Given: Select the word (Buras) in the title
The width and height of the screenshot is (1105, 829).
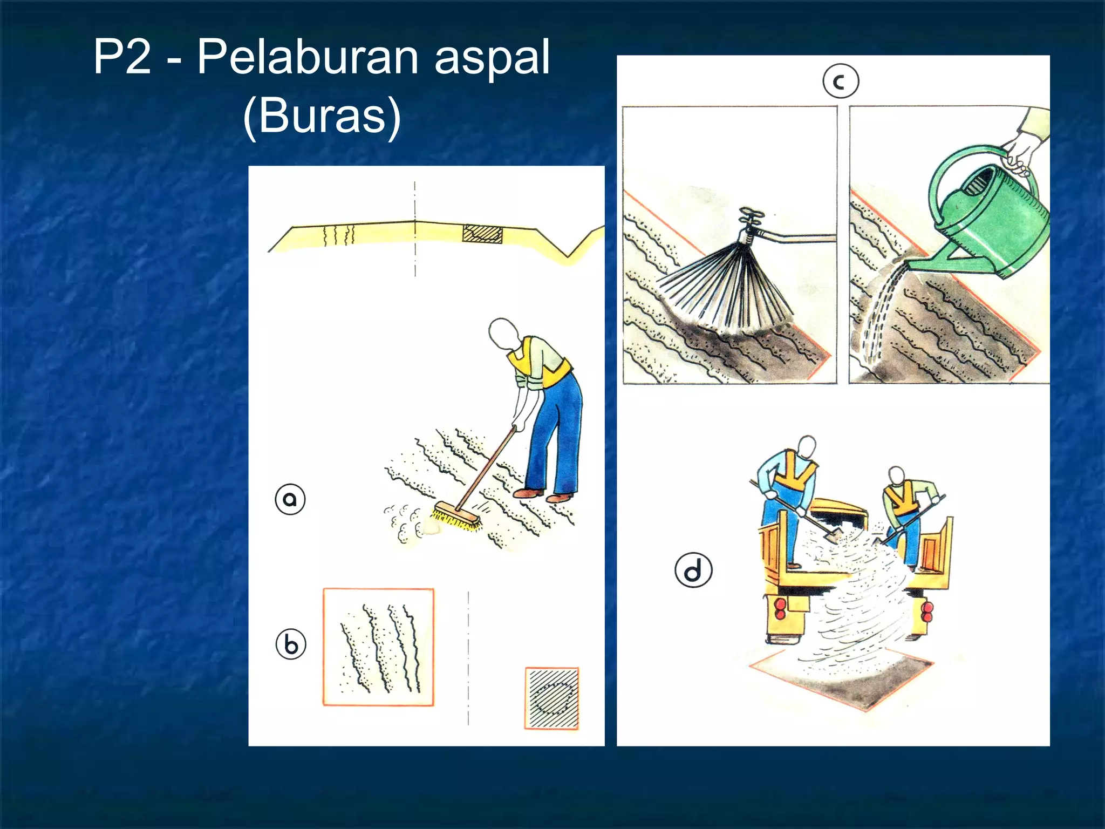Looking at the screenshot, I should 322,115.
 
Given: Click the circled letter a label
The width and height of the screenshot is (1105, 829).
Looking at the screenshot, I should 290,499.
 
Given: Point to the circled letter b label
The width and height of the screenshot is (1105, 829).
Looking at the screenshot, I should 291,644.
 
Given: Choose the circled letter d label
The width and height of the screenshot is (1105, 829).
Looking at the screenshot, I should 693,570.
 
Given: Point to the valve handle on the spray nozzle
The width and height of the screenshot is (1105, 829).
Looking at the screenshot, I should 751,216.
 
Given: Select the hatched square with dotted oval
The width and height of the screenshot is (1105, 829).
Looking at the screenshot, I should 552,698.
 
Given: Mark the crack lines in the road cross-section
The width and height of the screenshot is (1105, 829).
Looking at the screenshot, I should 339,235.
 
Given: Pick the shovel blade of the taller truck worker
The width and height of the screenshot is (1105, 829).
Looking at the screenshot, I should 832,534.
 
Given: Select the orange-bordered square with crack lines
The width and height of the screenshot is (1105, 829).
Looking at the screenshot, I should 378,647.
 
